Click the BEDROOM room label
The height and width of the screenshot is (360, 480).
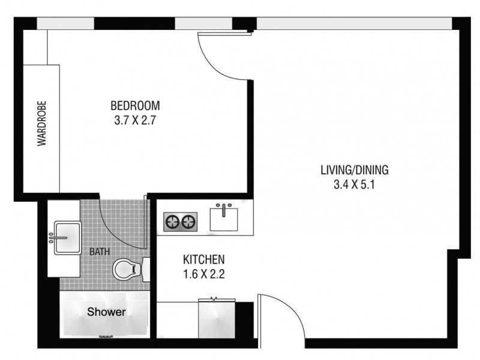[x=135, y=106]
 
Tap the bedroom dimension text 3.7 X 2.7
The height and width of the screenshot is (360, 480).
[x=135, y=120]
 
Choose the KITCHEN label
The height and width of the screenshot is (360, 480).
[x=203, y=260]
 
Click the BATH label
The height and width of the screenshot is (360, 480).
[x=100, y=251]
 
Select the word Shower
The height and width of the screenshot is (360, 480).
[x=107, y=312]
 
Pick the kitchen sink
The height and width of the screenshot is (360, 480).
[x=225, y=217]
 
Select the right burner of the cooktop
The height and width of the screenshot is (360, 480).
[x=189, y=223]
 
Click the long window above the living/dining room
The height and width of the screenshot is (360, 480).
[x=354, y=23]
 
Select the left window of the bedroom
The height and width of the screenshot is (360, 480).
[x=65, y=23]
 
